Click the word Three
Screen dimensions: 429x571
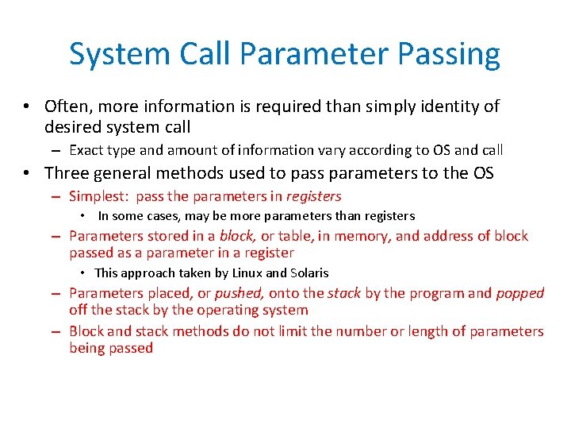coord(67,172)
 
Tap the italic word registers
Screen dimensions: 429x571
coord(313,196)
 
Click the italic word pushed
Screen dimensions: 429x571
coord(240,293)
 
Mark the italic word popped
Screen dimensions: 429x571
coord(520,293)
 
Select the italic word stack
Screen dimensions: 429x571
coord(343,293)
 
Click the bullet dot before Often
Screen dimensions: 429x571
coord(27,106)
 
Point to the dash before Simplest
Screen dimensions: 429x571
coord(56,196)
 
